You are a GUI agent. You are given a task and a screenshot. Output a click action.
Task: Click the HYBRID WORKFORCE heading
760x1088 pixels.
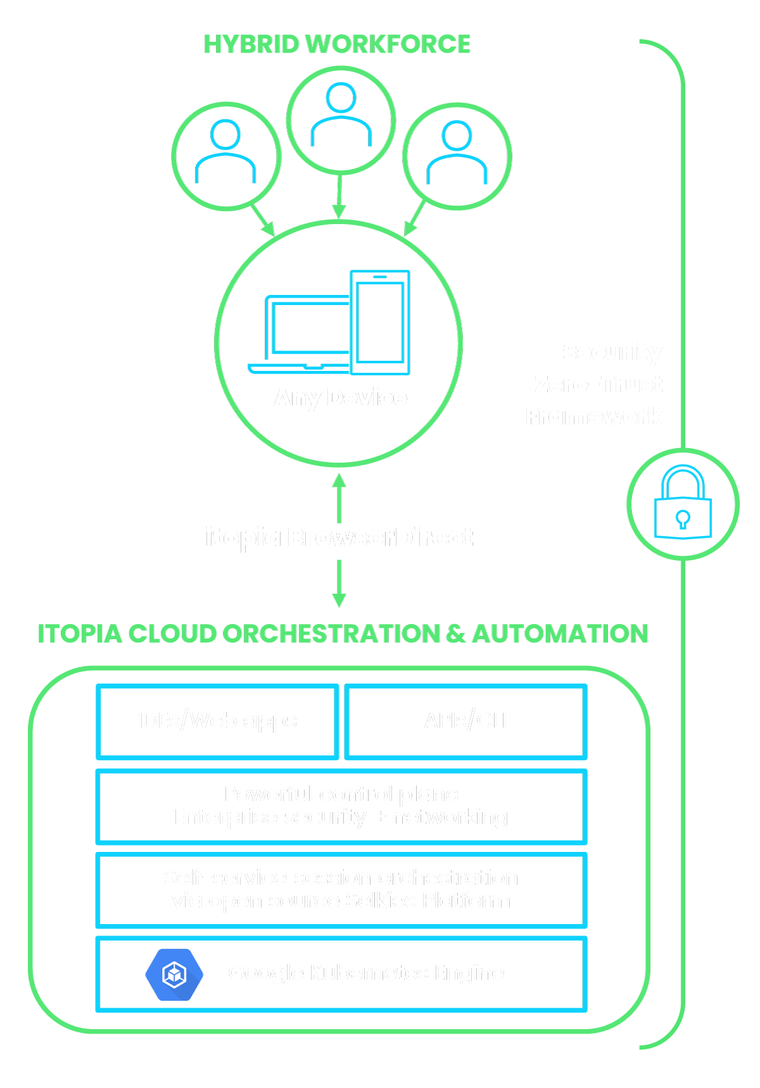[337, 44]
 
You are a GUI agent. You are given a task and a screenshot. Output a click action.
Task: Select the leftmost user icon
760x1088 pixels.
[225, 153]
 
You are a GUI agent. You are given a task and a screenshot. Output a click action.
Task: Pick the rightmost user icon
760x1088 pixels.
[457, 153]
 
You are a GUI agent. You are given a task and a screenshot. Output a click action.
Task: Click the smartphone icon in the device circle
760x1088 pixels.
[380, 322]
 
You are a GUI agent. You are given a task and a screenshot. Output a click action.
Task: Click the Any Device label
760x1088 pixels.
[340, 397]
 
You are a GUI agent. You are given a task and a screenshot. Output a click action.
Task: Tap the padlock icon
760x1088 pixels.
[683, 504]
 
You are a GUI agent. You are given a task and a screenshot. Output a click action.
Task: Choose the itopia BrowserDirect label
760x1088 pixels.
[339, 537]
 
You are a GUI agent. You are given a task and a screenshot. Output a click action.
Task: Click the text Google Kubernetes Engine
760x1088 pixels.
[366, 973]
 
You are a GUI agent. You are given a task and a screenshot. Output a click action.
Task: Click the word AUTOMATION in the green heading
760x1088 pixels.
[560, 634]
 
